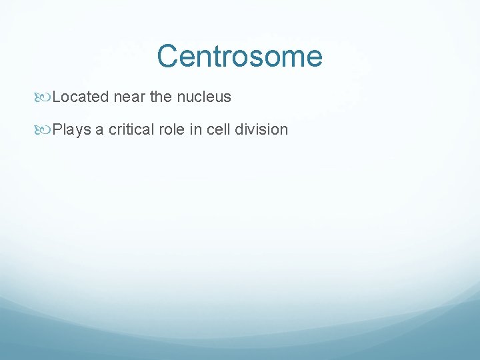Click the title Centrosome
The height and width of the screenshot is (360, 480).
tap(239, 56)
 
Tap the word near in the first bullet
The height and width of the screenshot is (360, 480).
tap(129, 97)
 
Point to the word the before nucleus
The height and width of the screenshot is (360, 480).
tap(161, 97)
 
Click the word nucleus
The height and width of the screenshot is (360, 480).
tap(204, 97)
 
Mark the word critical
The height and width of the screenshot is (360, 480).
tap(131, 130)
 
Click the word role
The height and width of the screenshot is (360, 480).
tap(172, 130)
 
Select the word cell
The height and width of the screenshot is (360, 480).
tap(217, 130)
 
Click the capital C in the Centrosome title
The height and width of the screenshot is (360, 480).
tap(168, 56)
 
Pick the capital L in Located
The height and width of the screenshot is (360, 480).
tap(56, 97)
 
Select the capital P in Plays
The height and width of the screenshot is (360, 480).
tap(57, 130)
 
